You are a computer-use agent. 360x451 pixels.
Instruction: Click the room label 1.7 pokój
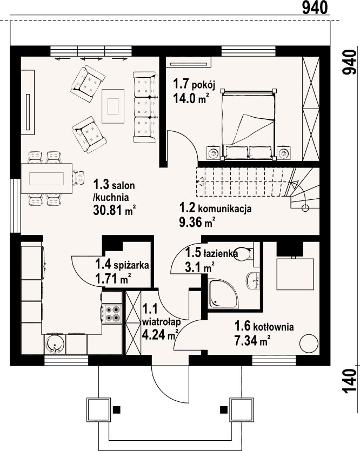click(x=194, y=84)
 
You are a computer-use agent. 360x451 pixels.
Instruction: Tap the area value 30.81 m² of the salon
click(x=114, y=210)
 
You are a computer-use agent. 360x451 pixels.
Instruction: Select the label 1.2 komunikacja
click(x=215, y=208)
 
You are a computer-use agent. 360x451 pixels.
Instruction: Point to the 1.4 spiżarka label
click(x=122, y=264)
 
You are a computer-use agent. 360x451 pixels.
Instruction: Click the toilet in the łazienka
click(x=243, y=254)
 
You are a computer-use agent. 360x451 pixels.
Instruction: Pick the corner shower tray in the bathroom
click(x=224, y=294)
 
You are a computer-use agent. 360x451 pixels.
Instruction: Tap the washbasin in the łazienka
click(x=252, y=280)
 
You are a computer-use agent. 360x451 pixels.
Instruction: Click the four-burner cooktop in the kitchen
click(x=112, y=313)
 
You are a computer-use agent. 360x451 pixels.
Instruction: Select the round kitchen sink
click(x=55, y=344)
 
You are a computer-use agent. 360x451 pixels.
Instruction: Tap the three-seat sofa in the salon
click(x=145, y=107)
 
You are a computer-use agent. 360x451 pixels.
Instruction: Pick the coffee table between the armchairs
click(x=113, y=106)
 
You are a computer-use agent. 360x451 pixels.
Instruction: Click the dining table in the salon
click(x=46, y=178)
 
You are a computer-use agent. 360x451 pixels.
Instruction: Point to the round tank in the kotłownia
click(x=309, y=343)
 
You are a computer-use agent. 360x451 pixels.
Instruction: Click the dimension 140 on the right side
click(x=349, y=381)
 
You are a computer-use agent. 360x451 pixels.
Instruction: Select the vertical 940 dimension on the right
click(x=349, y=63)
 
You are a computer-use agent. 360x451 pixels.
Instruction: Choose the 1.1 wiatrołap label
click(x=161, y=321)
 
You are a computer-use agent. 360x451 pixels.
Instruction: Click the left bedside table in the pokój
click(x=213, y=153)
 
